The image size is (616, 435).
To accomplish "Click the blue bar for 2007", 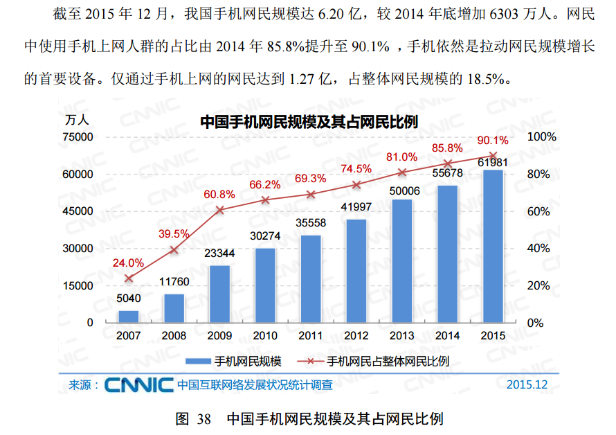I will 128,317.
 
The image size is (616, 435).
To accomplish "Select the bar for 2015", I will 493,246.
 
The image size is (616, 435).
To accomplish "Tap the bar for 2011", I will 311,278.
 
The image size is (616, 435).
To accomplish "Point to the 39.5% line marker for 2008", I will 174,249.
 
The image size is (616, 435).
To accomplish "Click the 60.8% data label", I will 219,195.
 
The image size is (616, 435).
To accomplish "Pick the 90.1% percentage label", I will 493,141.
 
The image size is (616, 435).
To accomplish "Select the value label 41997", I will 356,207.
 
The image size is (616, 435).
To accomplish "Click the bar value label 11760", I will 174,282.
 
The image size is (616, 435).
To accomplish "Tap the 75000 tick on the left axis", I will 77,137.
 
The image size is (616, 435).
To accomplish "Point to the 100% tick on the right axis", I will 542,137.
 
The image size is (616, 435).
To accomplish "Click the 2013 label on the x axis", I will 402,336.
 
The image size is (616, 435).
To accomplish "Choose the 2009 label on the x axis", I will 219,336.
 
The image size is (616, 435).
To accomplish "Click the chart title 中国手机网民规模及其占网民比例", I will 309,122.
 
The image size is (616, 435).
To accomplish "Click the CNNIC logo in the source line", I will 139,384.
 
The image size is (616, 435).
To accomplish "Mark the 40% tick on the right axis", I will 539,249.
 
